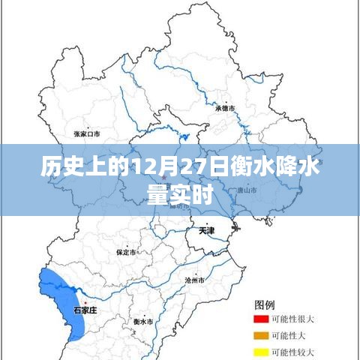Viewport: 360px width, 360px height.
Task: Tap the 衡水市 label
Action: click(142, 321)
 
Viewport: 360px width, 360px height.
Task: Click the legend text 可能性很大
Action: click(293, 319)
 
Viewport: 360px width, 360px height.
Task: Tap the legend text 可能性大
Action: click(289, 335)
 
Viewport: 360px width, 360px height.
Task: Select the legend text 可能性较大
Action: click(293, 352)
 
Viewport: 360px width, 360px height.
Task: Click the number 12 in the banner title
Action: click(142, 169)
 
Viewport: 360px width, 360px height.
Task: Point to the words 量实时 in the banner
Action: click(180, 194)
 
